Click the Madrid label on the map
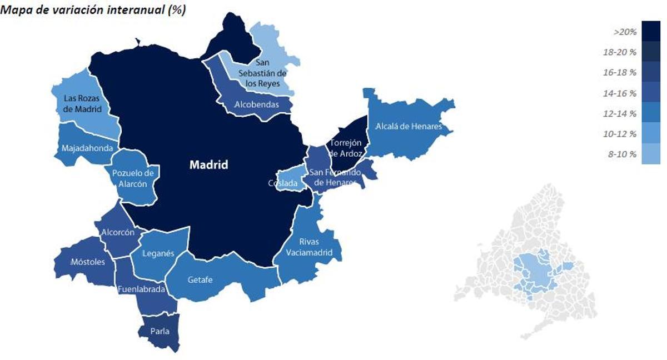(208, 165)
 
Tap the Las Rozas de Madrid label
(82, 104)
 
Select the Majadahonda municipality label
(88, 148)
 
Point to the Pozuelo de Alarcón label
(133, 178)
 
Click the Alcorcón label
(118, 232)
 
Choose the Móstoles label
(88, 262)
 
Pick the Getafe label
(200, 280)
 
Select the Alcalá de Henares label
(409, 127)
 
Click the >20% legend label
(625, 33)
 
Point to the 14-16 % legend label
(620, 93)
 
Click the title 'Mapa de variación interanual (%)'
(93, 9)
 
